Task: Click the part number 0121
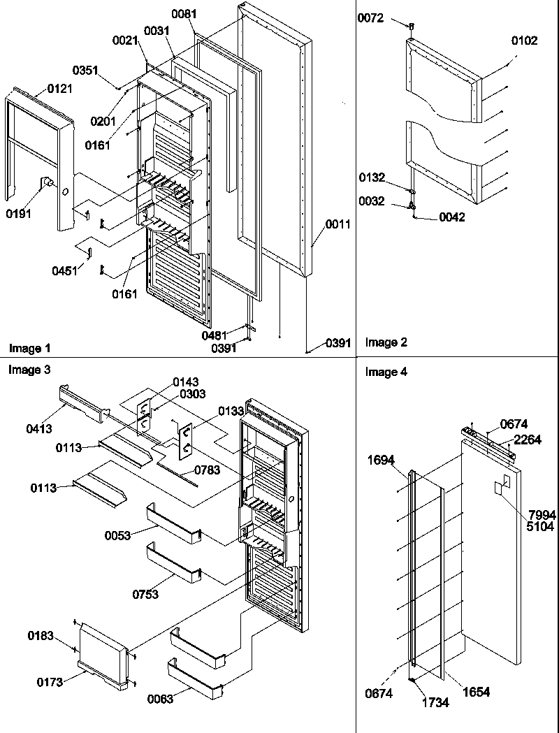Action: tap(59, 89)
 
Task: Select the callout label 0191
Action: tap(19, 215)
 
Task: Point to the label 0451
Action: tap(65, 270)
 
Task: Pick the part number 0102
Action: tap(524, 41)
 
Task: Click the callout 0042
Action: tap(451, 217)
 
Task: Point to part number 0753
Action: tap(146, 594)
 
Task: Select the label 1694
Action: tap(381, 460)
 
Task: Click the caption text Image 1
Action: tap(29, 347)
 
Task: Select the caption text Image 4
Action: tap(386, 372)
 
